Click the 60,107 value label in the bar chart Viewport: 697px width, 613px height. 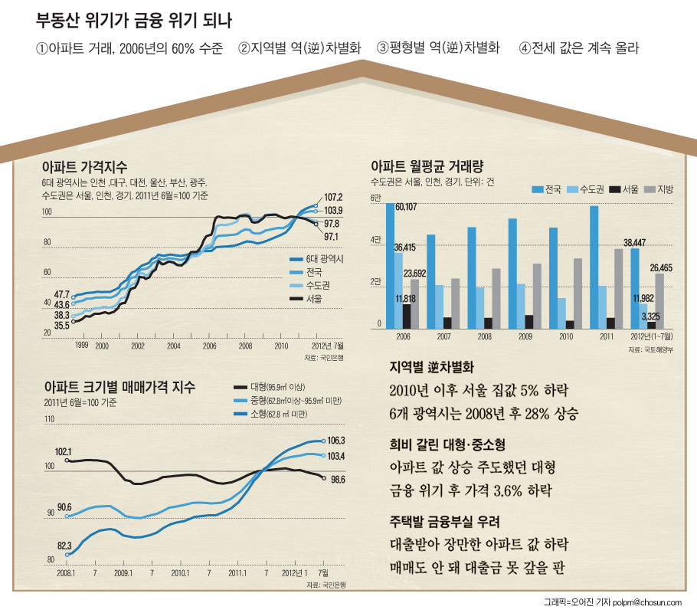tap(406, 207)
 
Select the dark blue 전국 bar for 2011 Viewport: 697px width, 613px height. tap(594, 267)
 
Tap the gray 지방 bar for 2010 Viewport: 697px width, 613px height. tap(578, 293)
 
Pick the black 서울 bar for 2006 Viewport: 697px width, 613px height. tap(407, 316)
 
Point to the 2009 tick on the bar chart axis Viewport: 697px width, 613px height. tap(525, 336)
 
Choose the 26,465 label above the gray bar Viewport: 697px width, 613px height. tap(661, 267)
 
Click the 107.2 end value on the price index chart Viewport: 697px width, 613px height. tap(333, 197)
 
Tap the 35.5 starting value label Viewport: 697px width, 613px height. tap(62, 326)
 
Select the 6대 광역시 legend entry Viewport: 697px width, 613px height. tap(316, 259)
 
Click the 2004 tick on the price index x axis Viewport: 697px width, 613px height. tap(174, 346)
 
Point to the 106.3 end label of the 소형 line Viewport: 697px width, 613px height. tap(336, 441)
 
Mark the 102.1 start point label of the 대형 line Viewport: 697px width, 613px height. tap(63, 452)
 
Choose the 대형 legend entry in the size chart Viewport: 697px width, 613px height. tap(270, 388)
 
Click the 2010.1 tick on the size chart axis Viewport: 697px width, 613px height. tap(181, 573)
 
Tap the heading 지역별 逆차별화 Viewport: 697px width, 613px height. tap(432, 367)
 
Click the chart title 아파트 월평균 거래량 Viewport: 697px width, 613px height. tap(427, 166)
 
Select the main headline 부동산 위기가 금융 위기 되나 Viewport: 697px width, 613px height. tap(134, 21)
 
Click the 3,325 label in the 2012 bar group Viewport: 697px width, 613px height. tap(651, 316)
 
